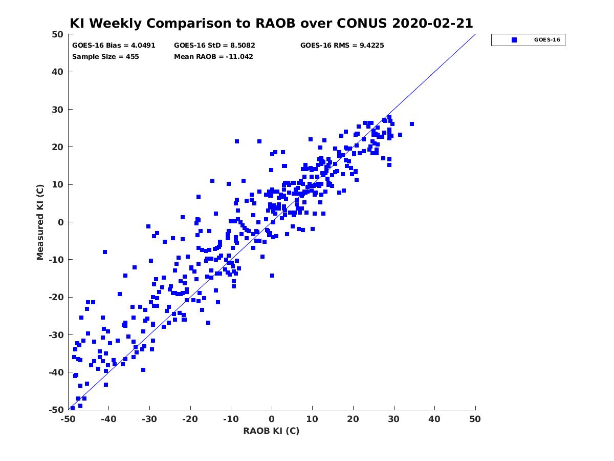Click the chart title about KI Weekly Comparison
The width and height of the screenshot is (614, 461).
pyautogui.click(x=271, y=23)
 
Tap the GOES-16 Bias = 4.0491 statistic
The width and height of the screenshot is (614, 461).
pyautogui.click(x=114, y=46)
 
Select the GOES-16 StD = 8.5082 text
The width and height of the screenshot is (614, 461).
pyautogui.click(x=214, y=46)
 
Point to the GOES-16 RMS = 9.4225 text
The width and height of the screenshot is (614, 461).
pyautogui.click(x=342, y=46)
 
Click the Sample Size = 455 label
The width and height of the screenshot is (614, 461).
pyautogui.click(x=105, y=56)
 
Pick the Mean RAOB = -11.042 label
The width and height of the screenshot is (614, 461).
pyautogui.click(x=213, y=56)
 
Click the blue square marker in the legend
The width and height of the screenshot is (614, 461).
pyautogui.click(x=514, y=40)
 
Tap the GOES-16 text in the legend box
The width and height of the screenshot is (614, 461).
pyautogui.click(x=547, y=40)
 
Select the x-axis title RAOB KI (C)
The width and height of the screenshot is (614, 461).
pyautogui.click(x=271, y=431)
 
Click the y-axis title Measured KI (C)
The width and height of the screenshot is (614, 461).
pyautogui.click(x=40, y=222)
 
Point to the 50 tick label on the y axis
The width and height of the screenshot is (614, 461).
pyautogui.click(x=58, y=34)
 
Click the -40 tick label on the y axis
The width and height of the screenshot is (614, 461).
pyautogui.click(x=56, y=372)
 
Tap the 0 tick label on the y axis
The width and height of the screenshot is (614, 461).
pyautogui.click(x=61, y=222)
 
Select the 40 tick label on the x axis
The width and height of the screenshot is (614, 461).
pyautogui.click(x=434, y=419)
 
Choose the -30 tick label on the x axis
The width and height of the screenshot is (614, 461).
pyautogui.click(x=149, y=419)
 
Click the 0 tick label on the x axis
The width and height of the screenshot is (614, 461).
pyautogui.click(x=272, y=419)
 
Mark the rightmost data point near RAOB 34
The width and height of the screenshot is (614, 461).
pyautogui.click(x=412, y=124)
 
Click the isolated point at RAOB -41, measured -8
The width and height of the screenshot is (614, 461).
pyautogui.click(x=105, y=252)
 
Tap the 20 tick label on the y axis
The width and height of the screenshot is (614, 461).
pyautogui.click(x=58, y=147)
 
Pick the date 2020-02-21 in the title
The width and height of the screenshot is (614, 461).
pyautogui.click(x=432, y=23)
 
